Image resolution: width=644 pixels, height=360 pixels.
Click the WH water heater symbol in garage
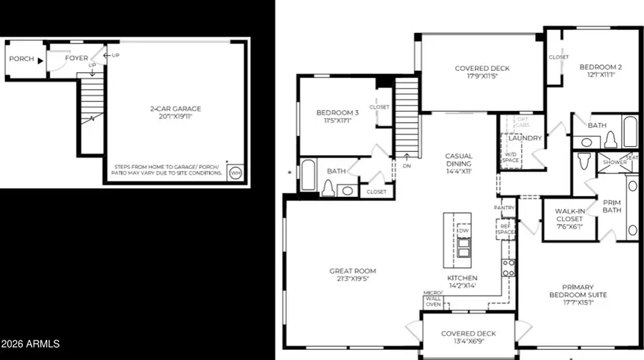(x=235, y=172)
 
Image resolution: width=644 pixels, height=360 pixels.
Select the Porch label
(x=21, y=59)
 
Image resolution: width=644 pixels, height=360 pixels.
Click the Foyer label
(x=77, y=59)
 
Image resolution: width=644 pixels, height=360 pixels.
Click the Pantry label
(x=504, y=208)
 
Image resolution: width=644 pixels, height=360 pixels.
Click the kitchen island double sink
(x=463, y=250)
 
